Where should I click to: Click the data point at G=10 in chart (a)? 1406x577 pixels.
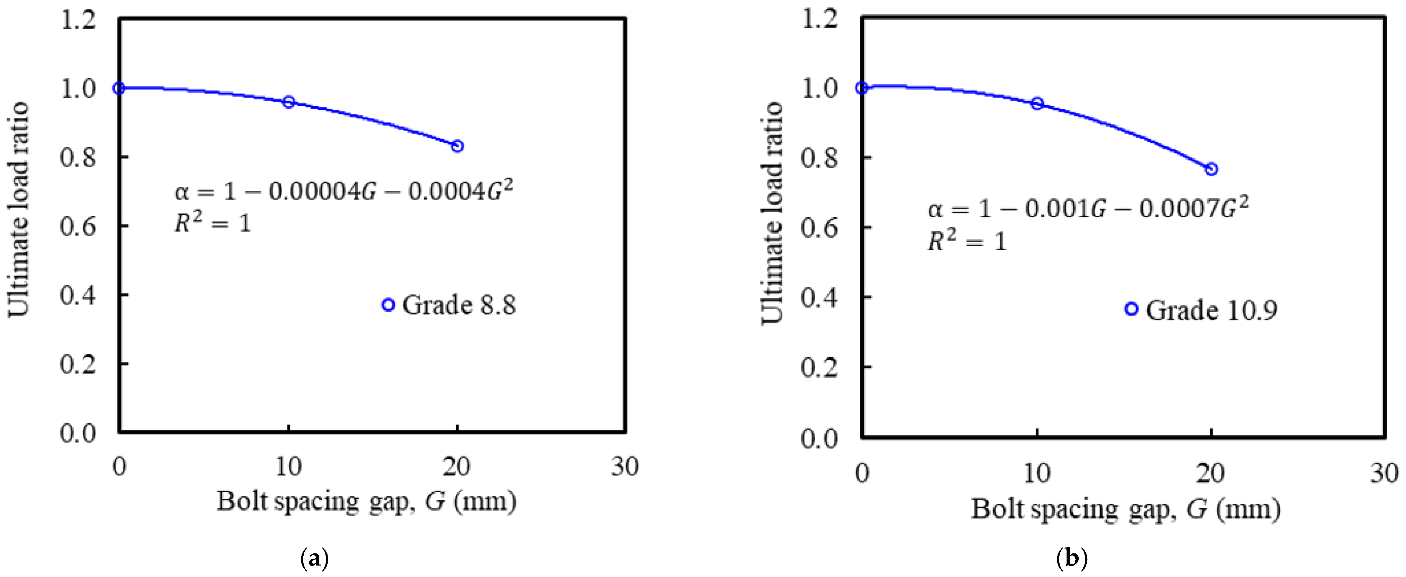pos(289,102)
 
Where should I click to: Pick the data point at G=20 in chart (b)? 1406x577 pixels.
pos(1211,169)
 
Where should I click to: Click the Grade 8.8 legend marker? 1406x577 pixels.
pos(388,305)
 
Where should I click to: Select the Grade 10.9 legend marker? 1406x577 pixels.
pos(1132,309)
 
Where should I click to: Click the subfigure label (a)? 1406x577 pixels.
pos(315,559)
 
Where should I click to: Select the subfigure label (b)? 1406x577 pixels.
pos(1072,559)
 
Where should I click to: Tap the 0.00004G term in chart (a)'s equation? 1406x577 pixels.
pos(322,192)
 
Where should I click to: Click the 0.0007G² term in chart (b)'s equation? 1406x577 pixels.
pos(1194,209)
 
